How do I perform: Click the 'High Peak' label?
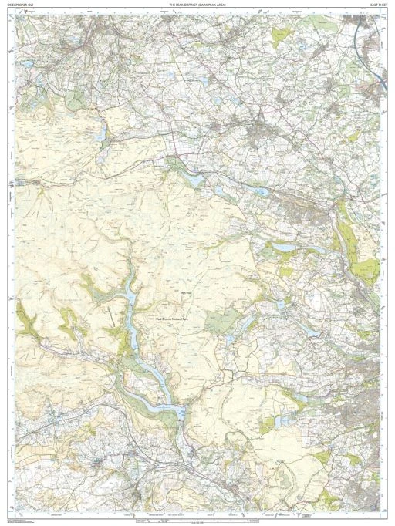coord(185,292)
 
